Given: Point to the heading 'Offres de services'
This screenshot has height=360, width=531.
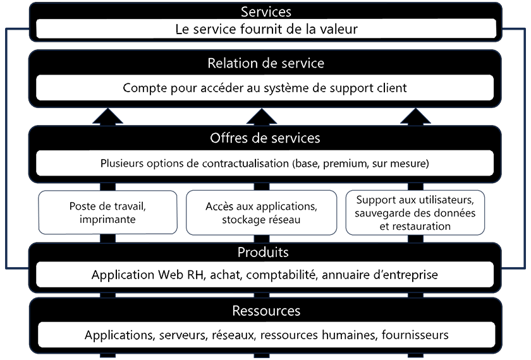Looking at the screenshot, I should pyautogui.click(x=265, y=138).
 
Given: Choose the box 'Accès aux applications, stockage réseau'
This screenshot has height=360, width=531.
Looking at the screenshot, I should pyautogui.click(x=261, y=212).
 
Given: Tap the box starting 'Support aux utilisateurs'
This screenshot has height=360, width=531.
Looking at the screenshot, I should pyautogui.click(x=415, y=212).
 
